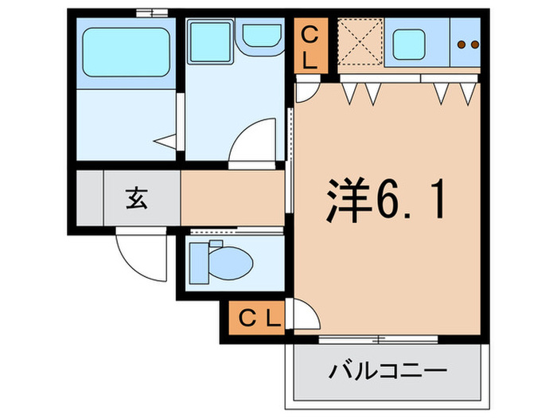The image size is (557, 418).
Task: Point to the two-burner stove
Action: click(x=468, y=45)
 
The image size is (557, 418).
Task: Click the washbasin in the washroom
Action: click(x=260, y=36)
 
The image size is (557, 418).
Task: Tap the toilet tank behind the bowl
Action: click(x=197, y=261)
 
